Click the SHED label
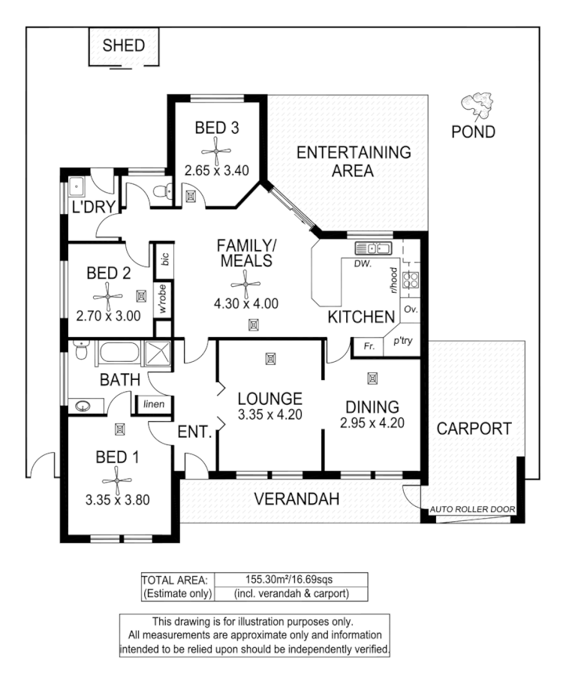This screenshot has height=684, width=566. [123, 45]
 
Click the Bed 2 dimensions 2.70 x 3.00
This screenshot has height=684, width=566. [109, 316]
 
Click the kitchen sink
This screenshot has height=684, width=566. [373, 248]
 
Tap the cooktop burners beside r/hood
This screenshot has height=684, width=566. [412, 280]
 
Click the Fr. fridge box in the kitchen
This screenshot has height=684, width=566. [369, 346]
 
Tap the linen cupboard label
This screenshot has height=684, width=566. [154, 405]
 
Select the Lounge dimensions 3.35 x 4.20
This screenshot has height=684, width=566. [269, 414]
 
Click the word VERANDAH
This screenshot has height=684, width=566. [297, 499]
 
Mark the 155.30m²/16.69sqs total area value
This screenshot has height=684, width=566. [290, 579]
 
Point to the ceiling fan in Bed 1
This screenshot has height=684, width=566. [117, 477]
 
